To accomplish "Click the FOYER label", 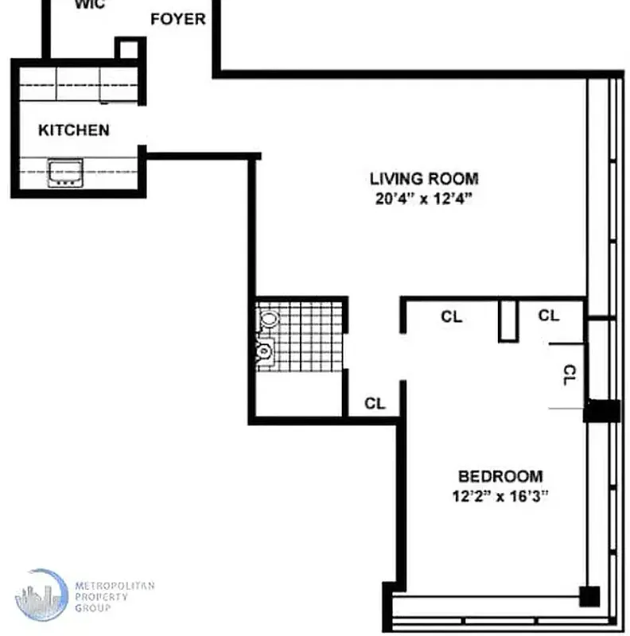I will coord(178,19).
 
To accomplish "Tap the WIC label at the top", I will coord(90,5).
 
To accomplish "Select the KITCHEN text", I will coord(74,130).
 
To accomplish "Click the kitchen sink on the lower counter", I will coord(65,173).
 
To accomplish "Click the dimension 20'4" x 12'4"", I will coord(424,199).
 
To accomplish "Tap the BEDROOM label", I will coord(500,477).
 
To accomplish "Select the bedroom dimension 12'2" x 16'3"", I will coord(500,496).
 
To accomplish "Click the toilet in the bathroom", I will coord(268,320).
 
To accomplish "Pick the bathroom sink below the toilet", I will coord(266,350).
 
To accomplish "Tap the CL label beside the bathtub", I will coord(375,404).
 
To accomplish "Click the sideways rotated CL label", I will coord(569,375).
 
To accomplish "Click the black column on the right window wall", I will coord(602,411).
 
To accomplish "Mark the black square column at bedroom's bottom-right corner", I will coord(589,596).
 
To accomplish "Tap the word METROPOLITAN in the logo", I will coord(114,586).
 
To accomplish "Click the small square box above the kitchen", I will coord(127,48).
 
